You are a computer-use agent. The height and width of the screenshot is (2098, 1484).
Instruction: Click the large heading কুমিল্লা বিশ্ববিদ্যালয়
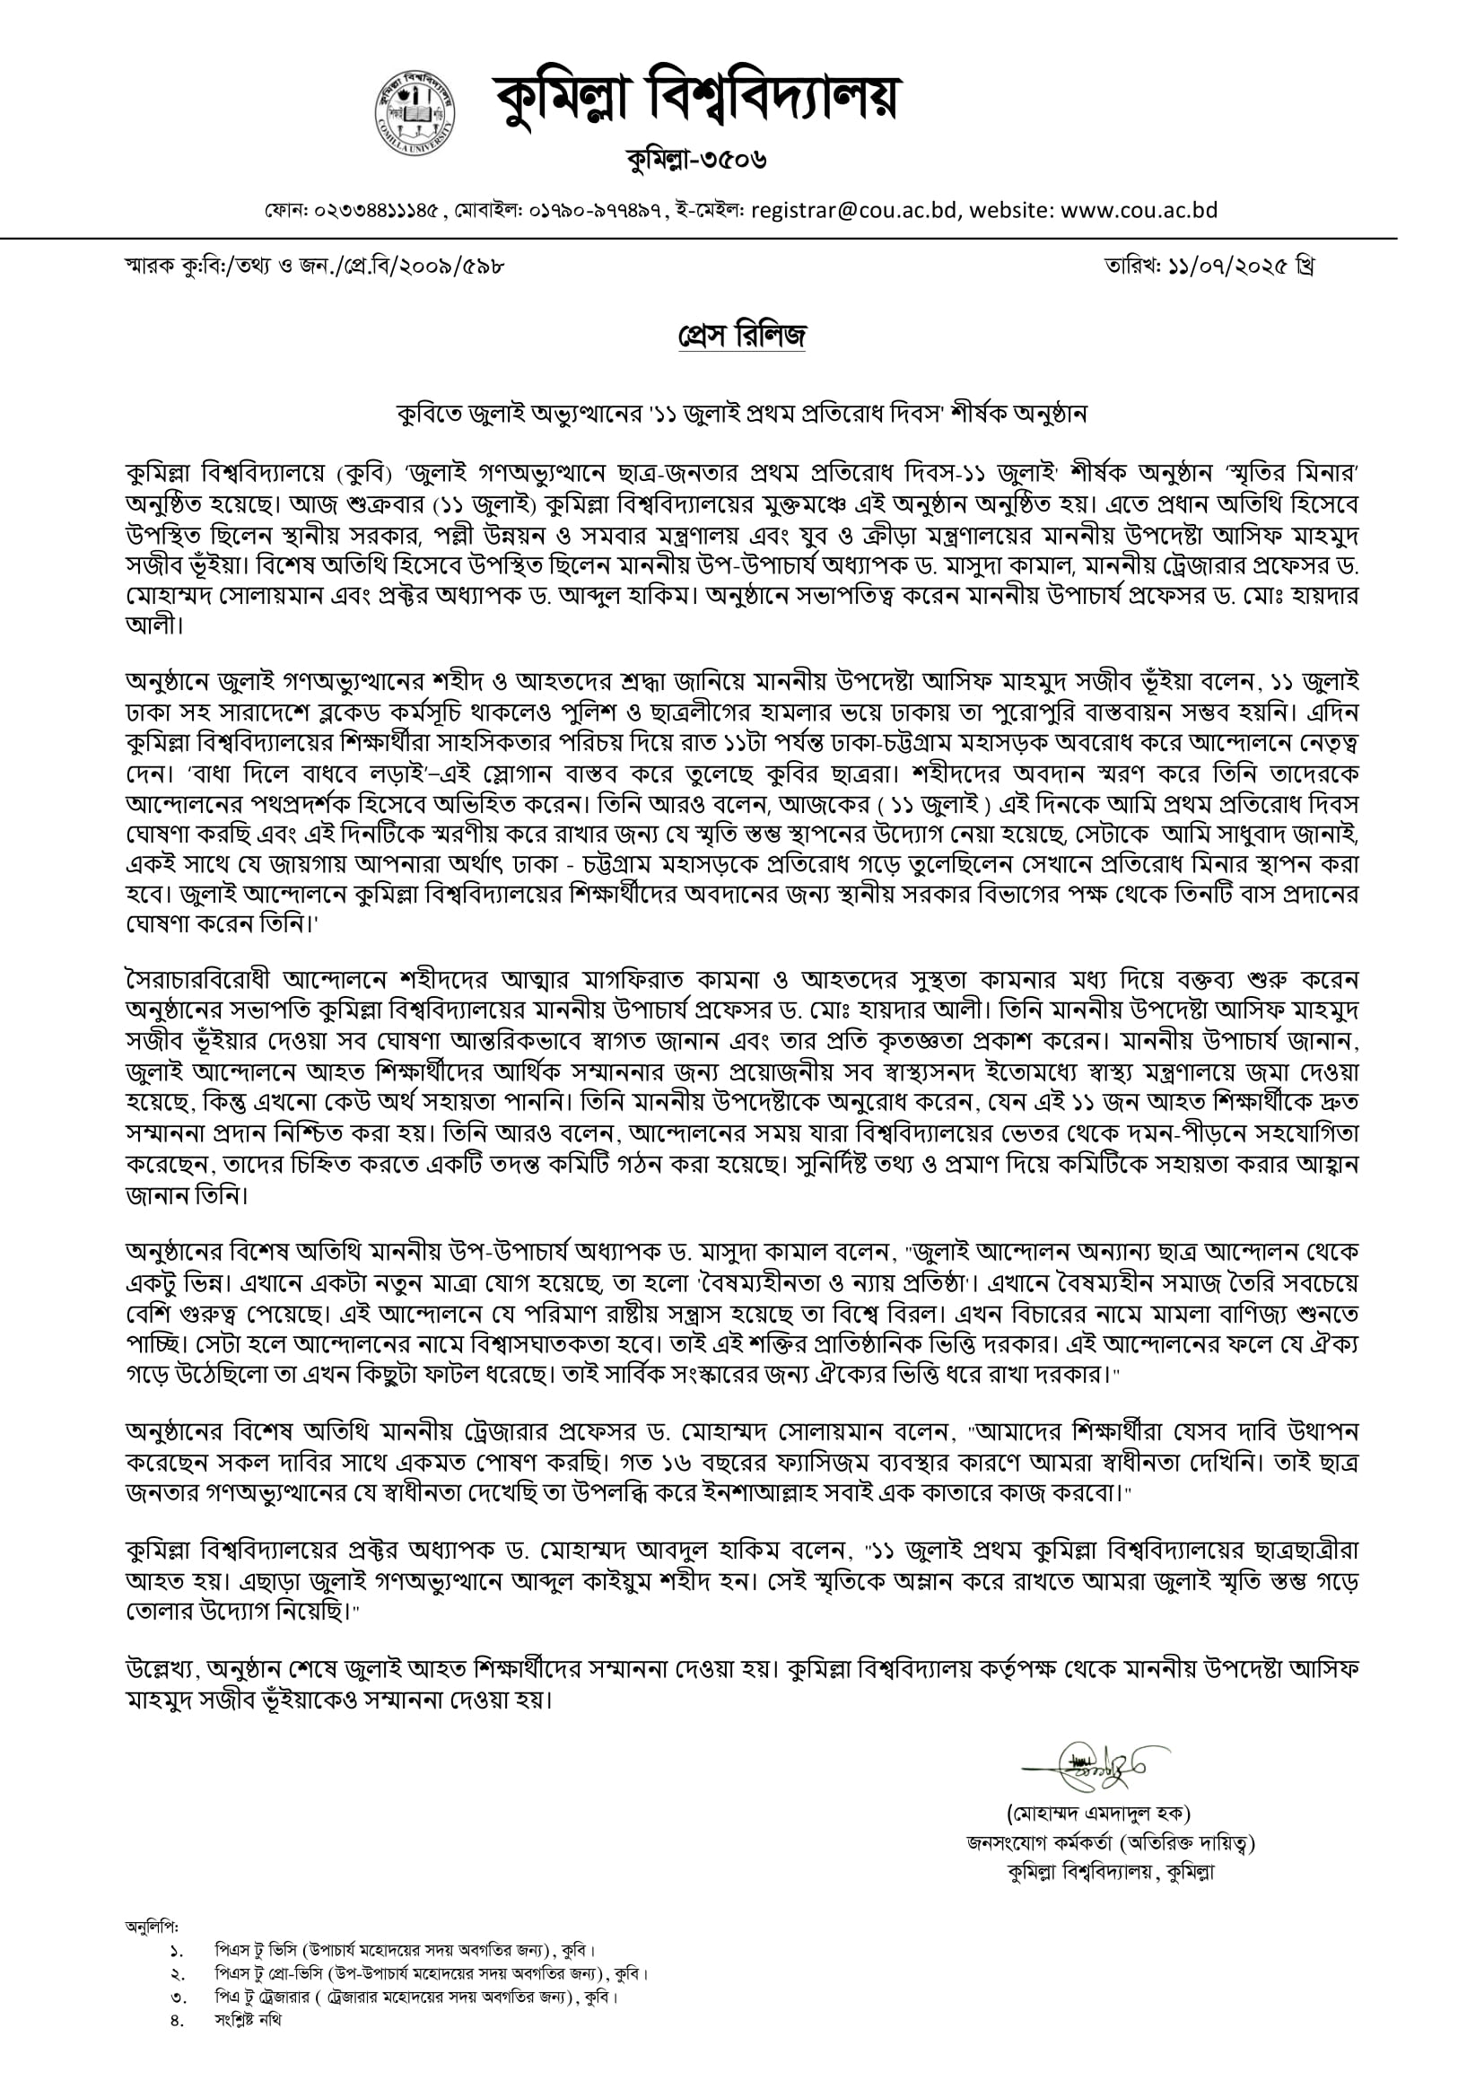pos(696,98)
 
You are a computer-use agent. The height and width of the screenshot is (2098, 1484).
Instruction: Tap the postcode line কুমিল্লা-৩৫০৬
pos(696,161)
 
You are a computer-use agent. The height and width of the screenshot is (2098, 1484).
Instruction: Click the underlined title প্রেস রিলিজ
pos(742,337)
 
